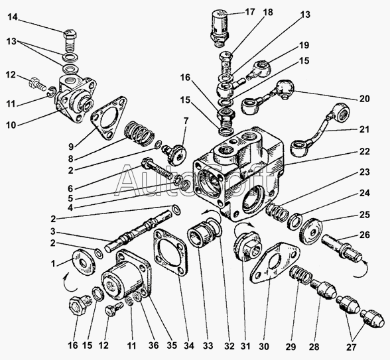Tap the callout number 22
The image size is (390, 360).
(x=364, y=151)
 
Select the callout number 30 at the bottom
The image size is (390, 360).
(x=264, y=346)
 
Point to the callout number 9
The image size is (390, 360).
(x=72, y=147)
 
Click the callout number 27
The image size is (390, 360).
(x=351, y=347)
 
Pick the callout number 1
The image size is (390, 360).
(x=53, y=264)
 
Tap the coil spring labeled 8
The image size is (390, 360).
(x=139, y=135)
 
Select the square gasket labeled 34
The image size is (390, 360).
(x=170, y=252)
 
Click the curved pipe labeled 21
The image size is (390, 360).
(x=322, y=129)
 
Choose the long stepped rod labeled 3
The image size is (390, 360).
(x=138, y=231)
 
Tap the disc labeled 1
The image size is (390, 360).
(x=84, y=263)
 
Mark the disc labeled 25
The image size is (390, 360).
(x=310, y=231)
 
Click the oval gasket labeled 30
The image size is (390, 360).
(x=273, y=263)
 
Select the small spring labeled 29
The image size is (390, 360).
(x=300, y=274)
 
